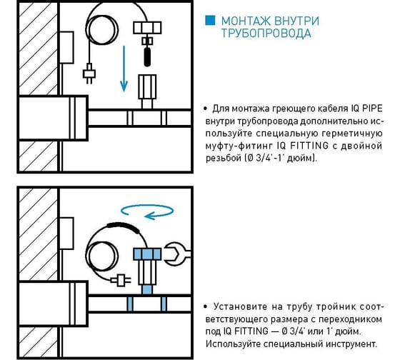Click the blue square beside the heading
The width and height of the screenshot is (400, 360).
pyautogui.click(x=210, y=21)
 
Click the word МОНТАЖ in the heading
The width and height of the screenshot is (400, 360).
pyautogui.click(x=244, y=21)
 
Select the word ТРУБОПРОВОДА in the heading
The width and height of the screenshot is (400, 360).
pyautogui.click(x=266, y=33)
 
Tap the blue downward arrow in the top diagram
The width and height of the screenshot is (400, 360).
pyautogui.click(x=124, y=69)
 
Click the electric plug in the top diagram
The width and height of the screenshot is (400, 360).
pyautogui.click(x=89, y=74)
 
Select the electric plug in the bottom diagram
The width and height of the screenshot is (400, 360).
pyautogui.click(x=121, y=280)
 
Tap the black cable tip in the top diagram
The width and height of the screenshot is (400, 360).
pyautogui.click(x=147, y=57)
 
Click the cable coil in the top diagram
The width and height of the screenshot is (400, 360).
pyautogui.click(x=101, y=30)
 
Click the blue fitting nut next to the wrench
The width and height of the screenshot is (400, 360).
pyautogui.click(x=147, y=254)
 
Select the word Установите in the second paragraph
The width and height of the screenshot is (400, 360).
pyautogui.click(x=239, y=306)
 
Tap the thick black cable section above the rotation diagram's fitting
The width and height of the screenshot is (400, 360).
pyautogui.click(x=123, y=226)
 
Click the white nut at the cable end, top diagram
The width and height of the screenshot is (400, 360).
pyautogui.click(x=147, y=28)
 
